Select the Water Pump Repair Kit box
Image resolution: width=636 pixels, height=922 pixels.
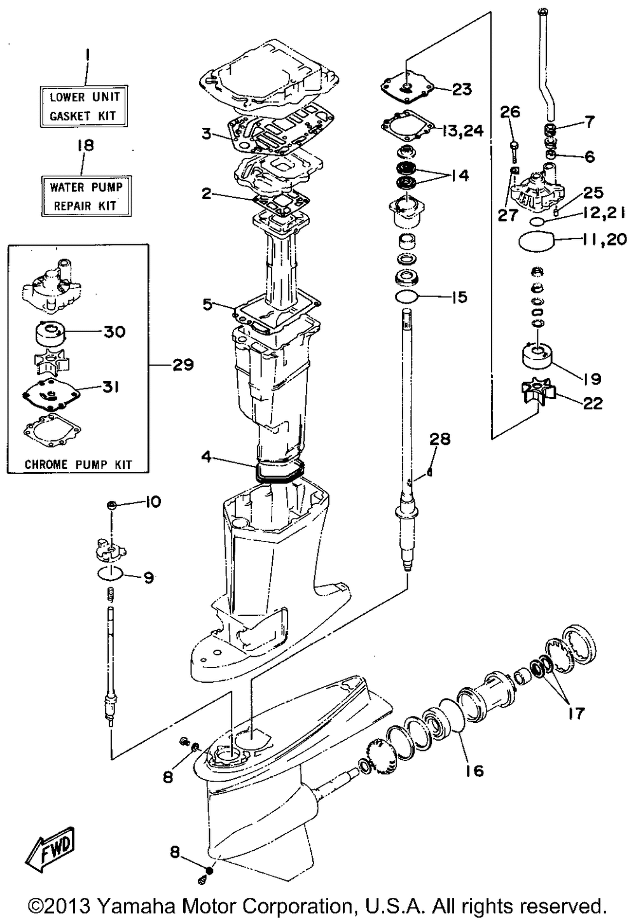point(86,196)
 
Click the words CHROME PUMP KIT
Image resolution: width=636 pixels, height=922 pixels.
point(79,464)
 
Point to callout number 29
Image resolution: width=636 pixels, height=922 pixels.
point(183,365)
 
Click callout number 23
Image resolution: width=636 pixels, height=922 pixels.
point(462,89)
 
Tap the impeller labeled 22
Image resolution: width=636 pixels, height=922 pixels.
point(537,391)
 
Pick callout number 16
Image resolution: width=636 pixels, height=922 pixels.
point(475,770)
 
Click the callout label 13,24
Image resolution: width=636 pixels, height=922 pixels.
point(464,131)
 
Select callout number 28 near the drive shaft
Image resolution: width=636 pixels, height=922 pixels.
point(439,439)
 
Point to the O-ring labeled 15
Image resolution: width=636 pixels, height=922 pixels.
point(406,296)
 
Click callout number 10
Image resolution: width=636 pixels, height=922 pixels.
point(152,501)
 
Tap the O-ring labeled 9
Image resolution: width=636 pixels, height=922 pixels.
point(111,572)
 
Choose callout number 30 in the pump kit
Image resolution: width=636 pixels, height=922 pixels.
point(114,332)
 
